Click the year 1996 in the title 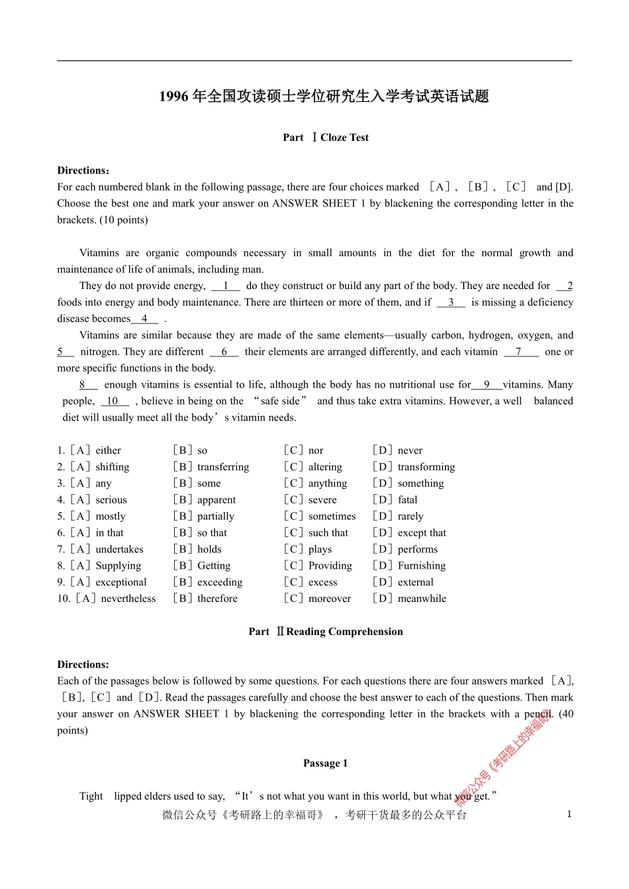point(173,97)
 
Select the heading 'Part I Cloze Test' point(325,138)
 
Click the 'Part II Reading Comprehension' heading point(325,632)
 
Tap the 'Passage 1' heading point(325,763)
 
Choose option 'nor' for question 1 point(316,450)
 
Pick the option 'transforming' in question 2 point(426,467)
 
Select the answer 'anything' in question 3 point(327,484)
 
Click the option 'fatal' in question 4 point(407,500)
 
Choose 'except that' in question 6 point(422,533)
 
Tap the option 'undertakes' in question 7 point(119,550)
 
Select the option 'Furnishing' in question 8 point(422,566)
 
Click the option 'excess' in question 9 point(322,583)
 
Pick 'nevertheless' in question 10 point(128,599)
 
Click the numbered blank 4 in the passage point(144,319)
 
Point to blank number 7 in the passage point(519,352)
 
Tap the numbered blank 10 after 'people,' point(113,402)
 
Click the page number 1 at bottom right point(569,814)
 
